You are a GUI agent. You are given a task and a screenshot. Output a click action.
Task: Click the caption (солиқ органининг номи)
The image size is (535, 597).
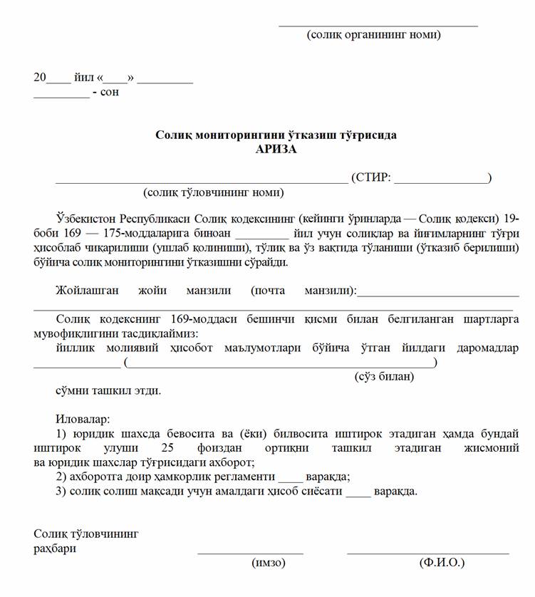tap(373, 34)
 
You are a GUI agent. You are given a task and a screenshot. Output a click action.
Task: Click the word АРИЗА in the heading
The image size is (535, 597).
tap(276, 149)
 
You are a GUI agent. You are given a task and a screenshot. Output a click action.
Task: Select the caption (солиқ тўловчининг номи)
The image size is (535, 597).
tap(213, 192)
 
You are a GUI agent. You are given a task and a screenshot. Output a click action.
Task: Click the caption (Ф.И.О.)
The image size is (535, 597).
tap(442, 563)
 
